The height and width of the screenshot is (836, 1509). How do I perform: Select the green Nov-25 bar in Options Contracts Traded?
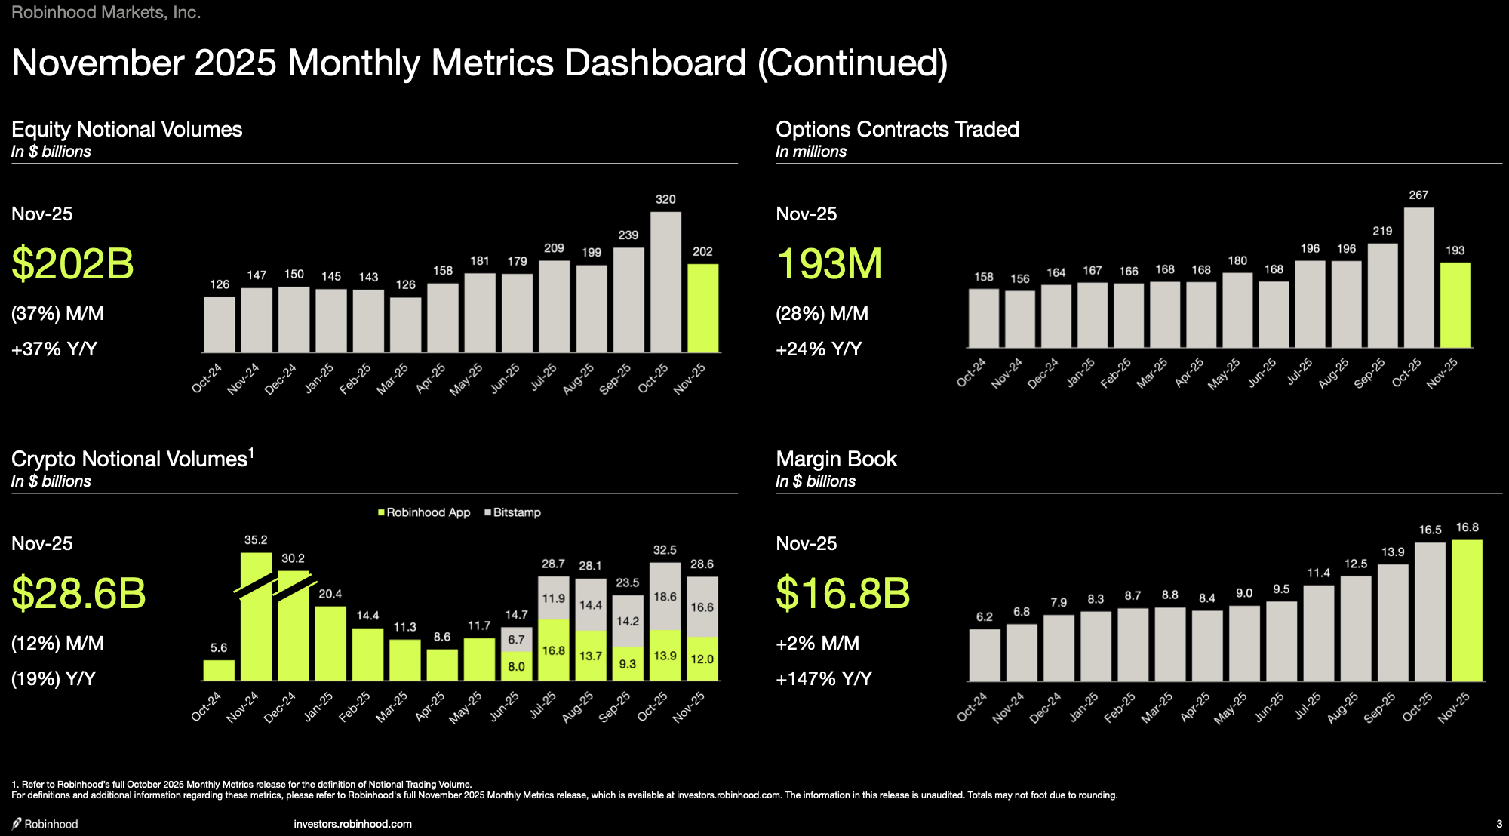click(1455, 305)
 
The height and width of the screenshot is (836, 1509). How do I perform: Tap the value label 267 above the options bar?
click(1418, 195)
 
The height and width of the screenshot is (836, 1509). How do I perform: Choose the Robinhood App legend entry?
click(424, 512)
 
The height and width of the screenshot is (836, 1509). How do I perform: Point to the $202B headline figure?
click(72, 264)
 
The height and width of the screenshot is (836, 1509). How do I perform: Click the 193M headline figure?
click(828, 264)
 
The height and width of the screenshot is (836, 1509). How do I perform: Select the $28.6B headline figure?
click(78, 593)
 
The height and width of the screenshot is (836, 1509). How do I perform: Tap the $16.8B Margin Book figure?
click(843, 593)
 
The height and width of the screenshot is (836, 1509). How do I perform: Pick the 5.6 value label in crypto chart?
click(219, 648)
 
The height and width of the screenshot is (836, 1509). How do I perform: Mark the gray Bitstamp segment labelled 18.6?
click(665, 597)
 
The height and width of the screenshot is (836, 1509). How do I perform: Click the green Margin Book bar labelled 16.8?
click(1467, 610)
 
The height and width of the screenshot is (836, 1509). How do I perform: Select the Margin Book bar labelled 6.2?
click(985, 655)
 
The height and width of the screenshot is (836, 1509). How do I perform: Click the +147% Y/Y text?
click(823, 679)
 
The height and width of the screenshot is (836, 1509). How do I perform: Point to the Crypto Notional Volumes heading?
click(129, 459)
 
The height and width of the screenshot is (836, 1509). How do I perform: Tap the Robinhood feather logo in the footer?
click(17, 823)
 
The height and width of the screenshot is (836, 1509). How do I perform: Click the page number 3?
click(1499, 824)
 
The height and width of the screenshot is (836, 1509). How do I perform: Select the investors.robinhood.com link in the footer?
click(352, 824)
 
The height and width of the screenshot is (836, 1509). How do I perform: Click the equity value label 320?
click(665, 200)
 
